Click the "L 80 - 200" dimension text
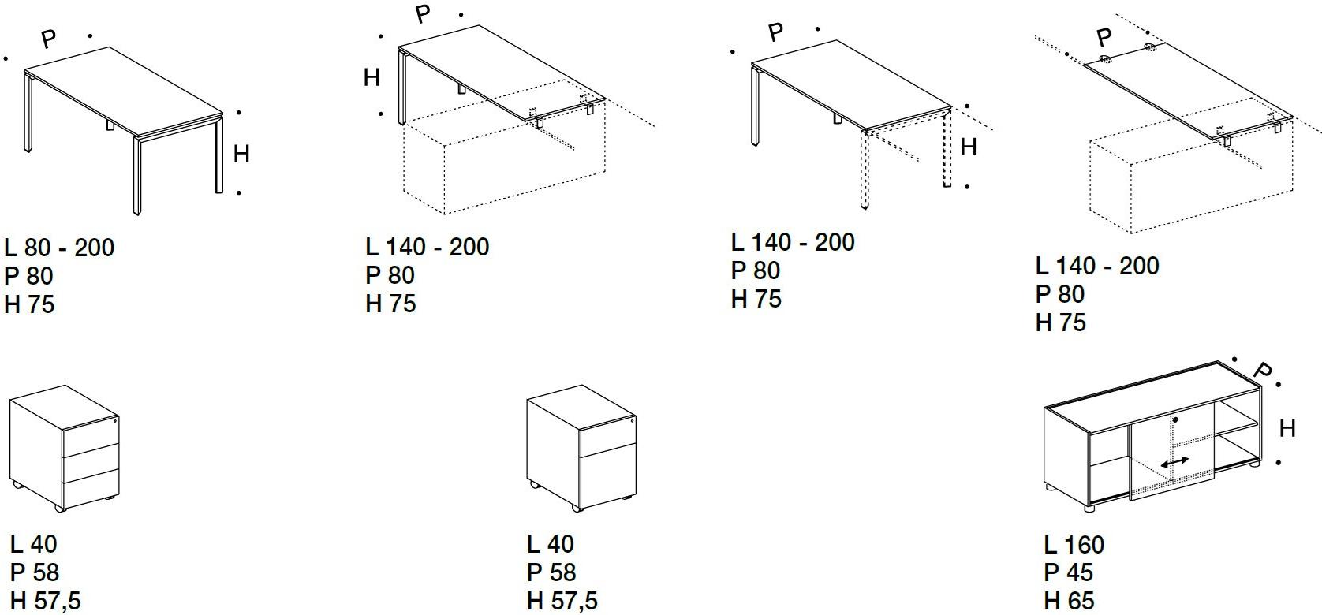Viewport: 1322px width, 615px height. point(59,248)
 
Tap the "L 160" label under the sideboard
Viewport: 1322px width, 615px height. point(1074,545)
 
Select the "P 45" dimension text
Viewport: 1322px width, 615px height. point(1068,572)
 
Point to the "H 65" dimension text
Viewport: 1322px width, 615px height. point(1069,601)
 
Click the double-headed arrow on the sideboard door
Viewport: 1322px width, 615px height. point(1174,462)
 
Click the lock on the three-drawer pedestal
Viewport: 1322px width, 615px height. point(115,421)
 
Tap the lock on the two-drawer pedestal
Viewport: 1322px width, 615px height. point(632,421)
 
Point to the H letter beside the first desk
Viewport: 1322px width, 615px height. point(241,154)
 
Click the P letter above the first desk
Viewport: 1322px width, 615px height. point(49,39)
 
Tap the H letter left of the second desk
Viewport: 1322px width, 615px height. point(372,77)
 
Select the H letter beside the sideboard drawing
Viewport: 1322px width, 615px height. point(1287,428)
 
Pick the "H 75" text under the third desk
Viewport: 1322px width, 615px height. point(756,300)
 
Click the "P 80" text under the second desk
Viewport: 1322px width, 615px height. point(390,275)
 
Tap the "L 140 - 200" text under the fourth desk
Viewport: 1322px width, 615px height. point(1097,266)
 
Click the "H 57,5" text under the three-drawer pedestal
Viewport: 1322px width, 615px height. point(46,601)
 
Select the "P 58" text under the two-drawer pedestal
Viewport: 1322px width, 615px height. point(551,572)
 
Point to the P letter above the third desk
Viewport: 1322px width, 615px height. point(776,32)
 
